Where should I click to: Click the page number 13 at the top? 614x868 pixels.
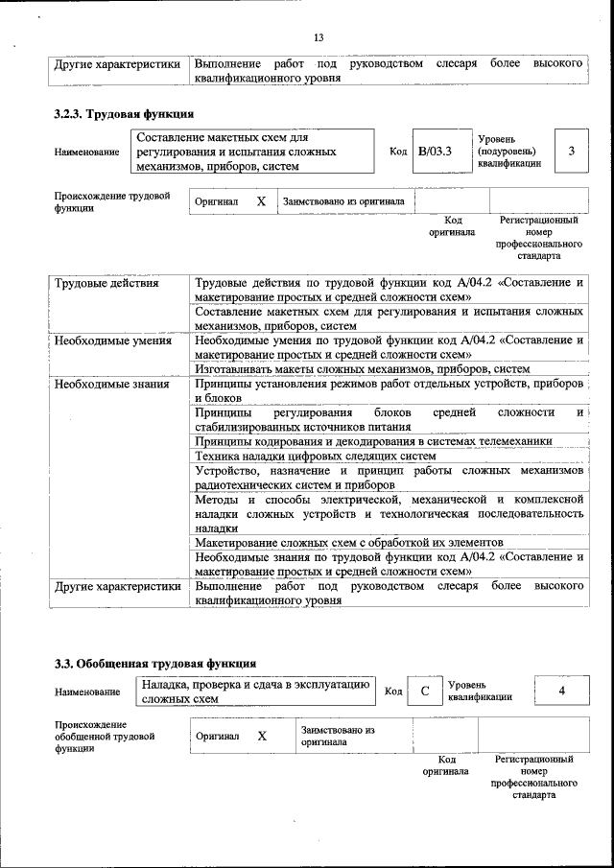(x=319, y=37)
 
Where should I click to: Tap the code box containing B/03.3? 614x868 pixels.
(x=435, y=152)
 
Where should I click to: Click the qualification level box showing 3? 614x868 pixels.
(x=572, y=152)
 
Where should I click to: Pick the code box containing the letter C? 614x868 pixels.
(x=423, y=692)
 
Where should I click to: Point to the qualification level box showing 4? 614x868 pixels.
(x=561, y=691)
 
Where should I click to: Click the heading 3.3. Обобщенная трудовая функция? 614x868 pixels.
(x=154, y=663)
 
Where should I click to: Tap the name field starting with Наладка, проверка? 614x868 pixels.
(x=255, y=692)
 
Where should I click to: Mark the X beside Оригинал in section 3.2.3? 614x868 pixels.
(x=261, y=202)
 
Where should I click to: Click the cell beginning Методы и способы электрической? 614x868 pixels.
(x=390, y=513)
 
